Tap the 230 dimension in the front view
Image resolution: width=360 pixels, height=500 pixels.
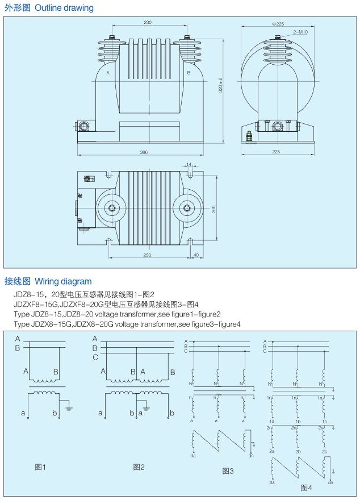tap(148, 22)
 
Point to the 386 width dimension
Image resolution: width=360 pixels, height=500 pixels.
tap(144, 152)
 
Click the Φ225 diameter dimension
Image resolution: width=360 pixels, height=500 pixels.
tap(278, 24)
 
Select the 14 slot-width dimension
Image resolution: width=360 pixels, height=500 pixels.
tap(189, 164)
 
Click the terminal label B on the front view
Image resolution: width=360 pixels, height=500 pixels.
tap(189, 73)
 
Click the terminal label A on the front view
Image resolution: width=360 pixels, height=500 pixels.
tap(108, 73)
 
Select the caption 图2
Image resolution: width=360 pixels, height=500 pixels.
tap(139, 467)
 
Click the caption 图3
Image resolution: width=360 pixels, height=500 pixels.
tap(228, 471)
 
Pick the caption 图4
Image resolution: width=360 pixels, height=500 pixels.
tap(306, 488)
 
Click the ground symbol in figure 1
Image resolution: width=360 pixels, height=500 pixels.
tap(69, 407)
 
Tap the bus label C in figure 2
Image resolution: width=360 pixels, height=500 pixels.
tap(95, 357)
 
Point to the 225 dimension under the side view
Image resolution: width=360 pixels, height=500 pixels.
tap(276, 152)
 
